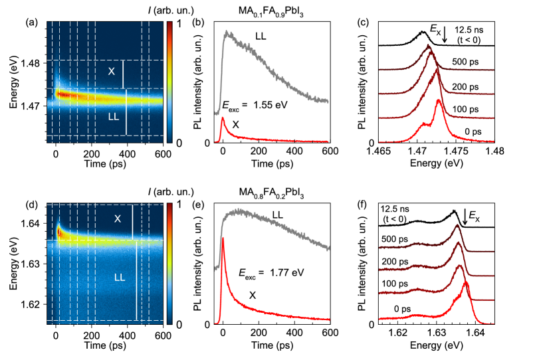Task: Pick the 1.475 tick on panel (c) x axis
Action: (456, 151)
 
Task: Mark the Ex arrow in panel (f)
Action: (465, 219)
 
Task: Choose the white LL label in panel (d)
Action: (122, 276)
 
